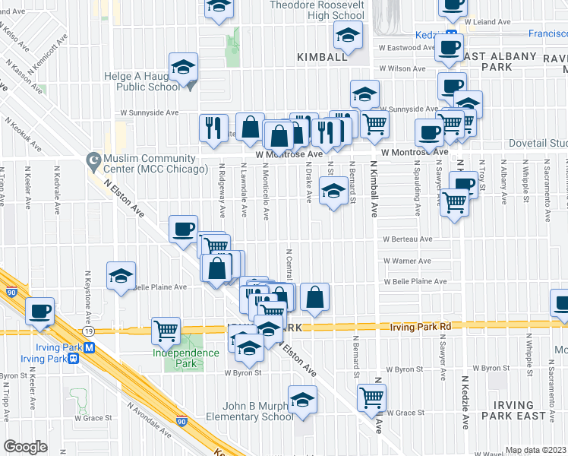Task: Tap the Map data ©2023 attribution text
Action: point(535,450)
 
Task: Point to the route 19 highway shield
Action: point(89,331)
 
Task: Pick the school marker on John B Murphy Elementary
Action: point(302,400)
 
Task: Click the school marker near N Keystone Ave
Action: point(120,278)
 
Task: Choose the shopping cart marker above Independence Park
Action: point(166,331)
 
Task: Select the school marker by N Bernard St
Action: point(333,194)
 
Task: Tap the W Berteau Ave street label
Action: point(408,239)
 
